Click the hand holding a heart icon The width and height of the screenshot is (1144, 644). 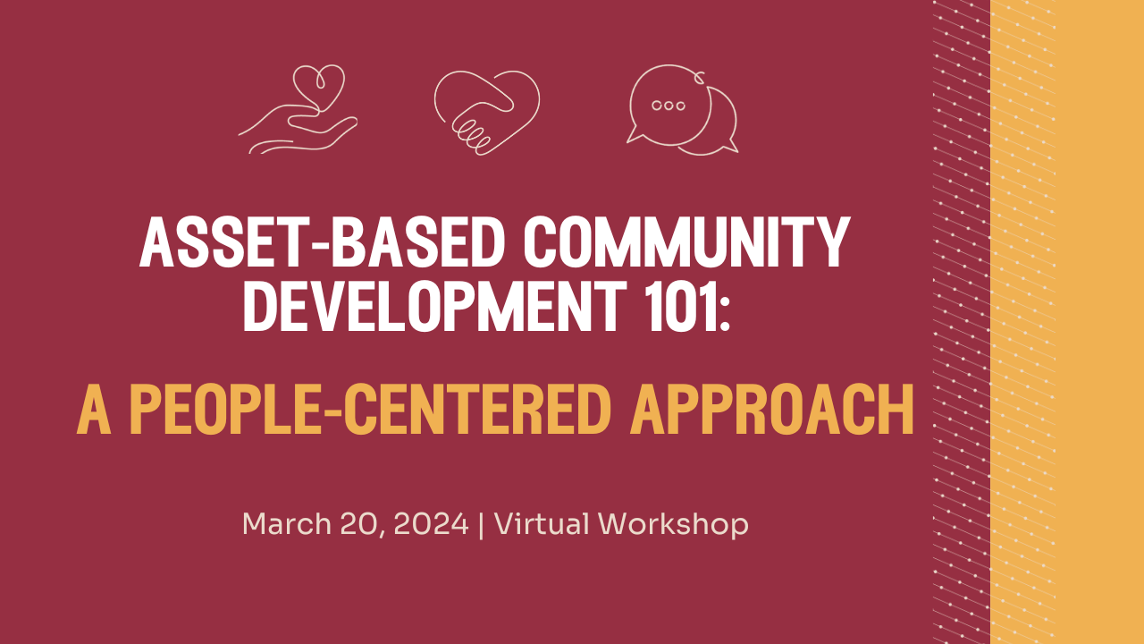(x=299, y=111)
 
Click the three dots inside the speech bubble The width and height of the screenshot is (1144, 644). (x=669, y=106)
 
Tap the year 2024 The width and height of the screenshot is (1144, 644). (x=430, y=524)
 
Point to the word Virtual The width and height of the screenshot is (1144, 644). (x=541, y=524)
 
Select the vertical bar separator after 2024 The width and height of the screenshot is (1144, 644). (x=482, y=525)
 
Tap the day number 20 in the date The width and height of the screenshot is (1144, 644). (x=357, y=524)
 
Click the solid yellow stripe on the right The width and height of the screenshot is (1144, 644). (x=1099, y=322)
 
